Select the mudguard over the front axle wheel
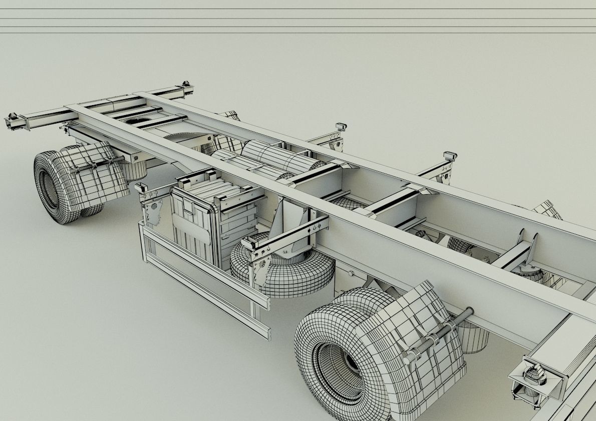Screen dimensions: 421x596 (x=98, y=173)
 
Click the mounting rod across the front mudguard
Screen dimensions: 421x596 (x=95, y=165)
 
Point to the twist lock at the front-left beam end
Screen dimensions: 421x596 (x=13, y=122)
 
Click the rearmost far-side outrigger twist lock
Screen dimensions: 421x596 (x=449, y=157)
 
